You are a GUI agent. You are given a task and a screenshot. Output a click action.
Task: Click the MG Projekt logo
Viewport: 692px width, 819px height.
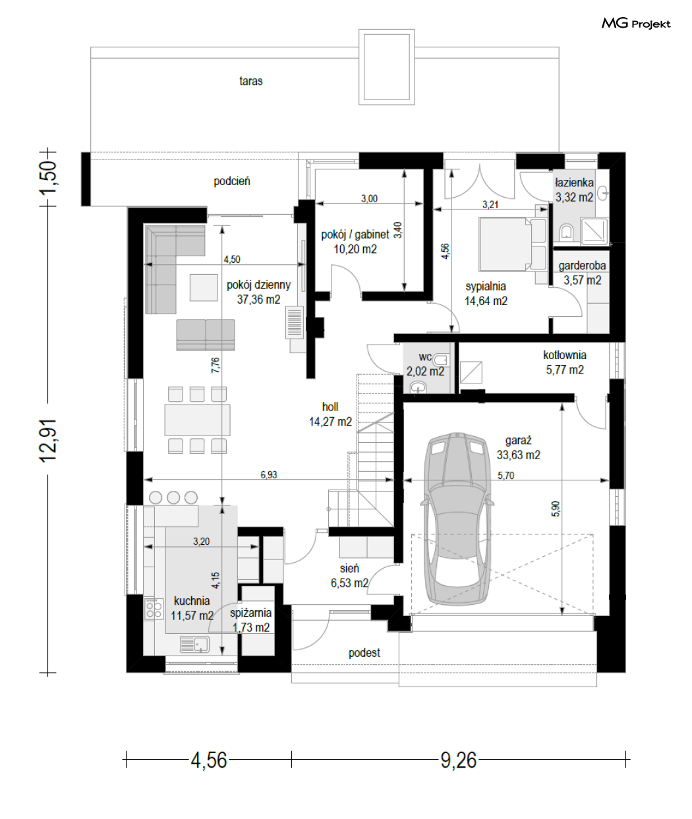tap(636, 24)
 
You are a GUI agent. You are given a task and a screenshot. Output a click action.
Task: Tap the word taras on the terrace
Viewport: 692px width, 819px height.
tap(250, 81)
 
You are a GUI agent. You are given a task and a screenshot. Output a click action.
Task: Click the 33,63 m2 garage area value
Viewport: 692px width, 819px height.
tap(518, 455)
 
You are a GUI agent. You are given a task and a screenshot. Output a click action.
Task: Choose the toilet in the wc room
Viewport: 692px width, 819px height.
tap(442, 360)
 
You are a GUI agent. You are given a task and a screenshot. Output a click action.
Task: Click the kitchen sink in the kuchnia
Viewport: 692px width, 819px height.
tap(194, 644)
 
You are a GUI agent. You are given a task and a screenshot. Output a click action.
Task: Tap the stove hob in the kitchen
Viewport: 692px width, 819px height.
tap(154, 609)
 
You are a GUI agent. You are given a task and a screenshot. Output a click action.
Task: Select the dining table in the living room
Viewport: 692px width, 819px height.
tap(197, 420)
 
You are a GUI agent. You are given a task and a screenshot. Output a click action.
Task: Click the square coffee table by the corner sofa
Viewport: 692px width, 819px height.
tap(204, 287)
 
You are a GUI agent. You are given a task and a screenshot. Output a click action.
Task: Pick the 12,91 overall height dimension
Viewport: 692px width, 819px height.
tap(49, 440)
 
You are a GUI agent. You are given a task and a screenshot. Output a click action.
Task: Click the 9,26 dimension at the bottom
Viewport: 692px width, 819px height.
tap(458, 760)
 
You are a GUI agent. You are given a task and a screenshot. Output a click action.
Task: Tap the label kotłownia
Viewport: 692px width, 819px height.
tap(565, 355)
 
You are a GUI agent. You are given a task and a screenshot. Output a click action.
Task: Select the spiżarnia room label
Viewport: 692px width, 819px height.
tap(250, 613)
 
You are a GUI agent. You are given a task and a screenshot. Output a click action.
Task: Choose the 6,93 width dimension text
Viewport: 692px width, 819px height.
tap(269, 475)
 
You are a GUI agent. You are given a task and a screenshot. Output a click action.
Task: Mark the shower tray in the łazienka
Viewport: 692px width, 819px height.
tap(594, 231)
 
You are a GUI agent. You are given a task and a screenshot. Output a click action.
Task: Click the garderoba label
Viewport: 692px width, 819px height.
tap(582, 266)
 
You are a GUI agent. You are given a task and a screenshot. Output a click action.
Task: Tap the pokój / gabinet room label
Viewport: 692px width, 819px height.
tap(355, 235)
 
